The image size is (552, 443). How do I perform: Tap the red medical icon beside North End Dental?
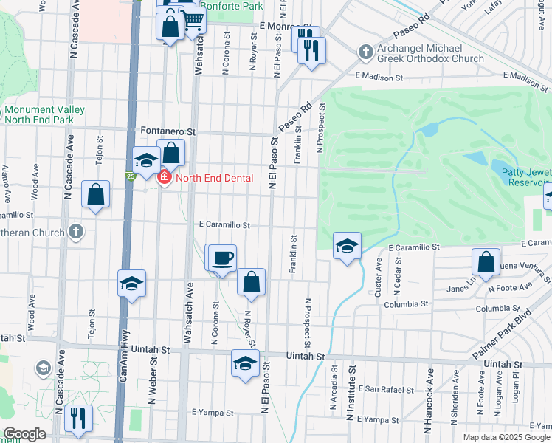[x=164, y=178]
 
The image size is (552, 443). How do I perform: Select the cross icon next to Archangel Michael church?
[x=364, y=52]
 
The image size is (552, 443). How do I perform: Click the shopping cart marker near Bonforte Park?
[x=193, y=21]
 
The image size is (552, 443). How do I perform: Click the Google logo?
[x=24, y=434]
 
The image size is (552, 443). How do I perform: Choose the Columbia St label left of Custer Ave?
[x=405, y=303]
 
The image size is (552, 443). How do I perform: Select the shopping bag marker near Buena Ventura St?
[x=486, y=262]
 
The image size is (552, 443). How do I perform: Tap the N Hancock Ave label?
[x=427, y=406]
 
